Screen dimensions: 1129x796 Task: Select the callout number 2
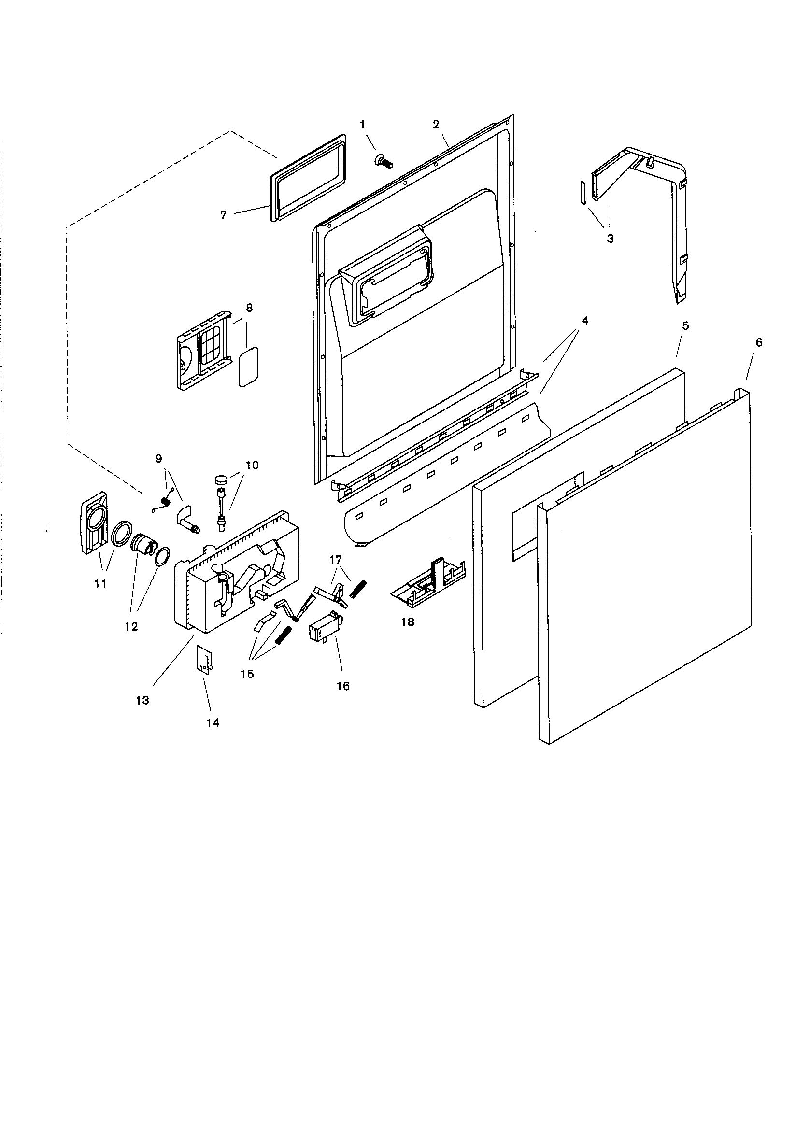pyautogui.click(x=436, y=125)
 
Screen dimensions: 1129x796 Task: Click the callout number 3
pyautogui.click(x=610, y=239)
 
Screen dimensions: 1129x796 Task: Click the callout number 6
pyautogui.click(x=759, y=343)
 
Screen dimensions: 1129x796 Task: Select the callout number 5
pyautogui.click(x=685, y=326)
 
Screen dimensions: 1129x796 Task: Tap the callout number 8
pyautogui.click(x=249, y=308)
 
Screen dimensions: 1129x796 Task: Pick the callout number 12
pyautogui.click(x=131, y=626)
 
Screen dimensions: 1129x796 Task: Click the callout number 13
pyautogui.click(x=142, y=700)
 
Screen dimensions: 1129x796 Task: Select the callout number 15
pyautogui.click(x=247, y=674)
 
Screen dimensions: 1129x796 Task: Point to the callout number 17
pyautogui.click(x=336, y=560)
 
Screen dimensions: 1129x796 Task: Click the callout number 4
pyautogui.click(x=584, y=321)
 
